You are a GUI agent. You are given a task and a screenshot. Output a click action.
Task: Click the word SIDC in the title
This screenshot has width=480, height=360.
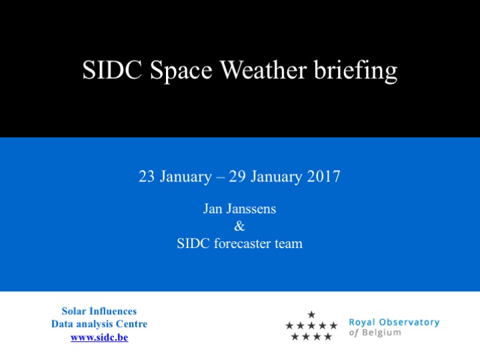(x=112, y=70)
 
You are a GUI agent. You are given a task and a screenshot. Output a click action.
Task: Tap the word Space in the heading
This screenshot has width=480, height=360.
(x=181, y=71)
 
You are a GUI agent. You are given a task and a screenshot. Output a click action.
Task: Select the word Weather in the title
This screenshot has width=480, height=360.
(x=263, y=70)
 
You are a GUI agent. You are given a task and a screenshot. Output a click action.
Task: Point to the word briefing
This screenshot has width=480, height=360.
(x=355, y=71)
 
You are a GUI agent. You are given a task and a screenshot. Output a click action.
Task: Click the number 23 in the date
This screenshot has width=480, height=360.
(x=146, y=176)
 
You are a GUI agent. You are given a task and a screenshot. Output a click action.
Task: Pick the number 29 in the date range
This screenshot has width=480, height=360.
(x=237, y=176)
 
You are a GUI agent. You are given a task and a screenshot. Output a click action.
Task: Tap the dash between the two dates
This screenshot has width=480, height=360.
(x=221, y=177)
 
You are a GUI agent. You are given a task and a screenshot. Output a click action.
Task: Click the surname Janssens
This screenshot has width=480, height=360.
(x=251, y=209)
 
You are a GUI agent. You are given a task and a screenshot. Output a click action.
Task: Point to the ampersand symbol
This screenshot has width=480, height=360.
(x=239, y=226)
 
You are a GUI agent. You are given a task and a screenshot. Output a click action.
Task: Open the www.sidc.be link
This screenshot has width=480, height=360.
(x=99, y=337)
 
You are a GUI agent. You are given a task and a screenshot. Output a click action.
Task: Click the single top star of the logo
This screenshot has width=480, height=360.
(x=311, y=315)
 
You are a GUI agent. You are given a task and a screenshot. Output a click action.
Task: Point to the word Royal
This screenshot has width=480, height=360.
(x=362, y=323)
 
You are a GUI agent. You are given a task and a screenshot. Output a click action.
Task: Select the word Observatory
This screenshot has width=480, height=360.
(x=409, y=322)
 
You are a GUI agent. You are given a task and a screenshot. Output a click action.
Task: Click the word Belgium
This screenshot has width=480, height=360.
(x=381, y=333)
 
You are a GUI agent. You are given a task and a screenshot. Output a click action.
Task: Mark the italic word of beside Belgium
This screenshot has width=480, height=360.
(x=353, y=333)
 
